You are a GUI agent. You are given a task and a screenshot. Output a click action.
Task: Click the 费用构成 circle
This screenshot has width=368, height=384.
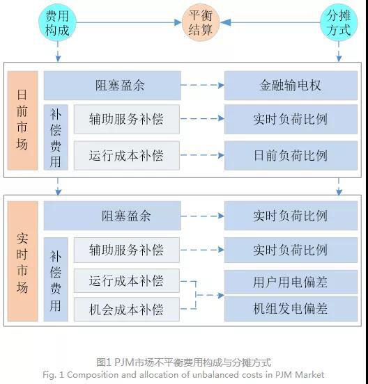[57, 22]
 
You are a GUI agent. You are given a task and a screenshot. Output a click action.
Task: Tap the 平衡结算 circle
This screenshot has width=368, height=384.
[201, 22]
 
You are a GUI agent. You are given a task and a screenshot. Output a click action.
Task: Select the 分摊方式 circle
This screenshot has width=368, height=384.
[339, 22]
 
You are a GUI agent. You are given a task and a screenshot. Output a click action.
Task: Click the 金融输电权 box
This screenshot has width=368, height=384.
[291, 86]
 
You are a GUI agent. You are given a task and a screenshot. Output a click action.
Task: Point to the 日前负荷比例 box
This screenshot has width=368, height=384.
[291, 156]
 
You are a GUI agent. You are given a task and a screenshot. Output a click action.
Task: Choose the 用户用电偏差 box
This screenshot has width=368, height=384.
[291, 282]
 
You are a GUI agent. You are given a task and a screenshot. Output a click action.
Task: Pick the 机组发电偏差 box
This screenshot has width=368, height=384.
[291, 309]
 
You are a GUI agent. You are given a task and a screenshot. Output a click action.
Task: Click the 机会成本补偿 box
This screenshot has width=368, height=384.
[127, 310]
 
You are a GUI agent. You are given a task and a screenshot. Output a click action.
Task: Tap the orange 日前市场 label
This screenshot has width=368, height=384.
[22, 120]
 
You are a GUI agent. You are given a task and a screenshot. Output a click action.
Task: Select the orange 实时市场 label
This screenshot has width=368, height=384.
[22, 262]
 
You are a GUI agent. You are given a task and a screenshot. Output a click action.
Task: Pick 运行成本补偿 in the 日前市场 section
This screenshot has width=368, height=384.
[127, 156]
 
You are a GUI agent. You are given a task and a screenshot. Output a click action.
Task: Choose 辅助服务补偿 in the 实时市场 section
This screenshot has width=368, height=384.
[127, 250]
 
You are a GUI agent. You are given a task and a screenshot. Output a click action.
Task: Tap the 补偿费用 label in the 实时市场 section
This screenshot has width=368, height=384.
[56, 280]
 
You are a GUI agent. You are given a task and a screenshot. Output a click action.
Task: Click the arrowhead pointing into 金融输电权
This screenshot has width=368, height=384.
[221, 86]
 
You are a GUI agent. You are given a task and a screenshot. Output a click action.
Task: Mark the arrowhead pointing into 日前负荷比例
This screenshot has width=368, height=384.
[221, 155]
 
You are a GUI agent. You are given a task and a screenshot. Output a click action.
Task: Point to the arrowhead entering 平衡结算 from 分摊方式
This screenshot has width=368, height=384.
[226, 22]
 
